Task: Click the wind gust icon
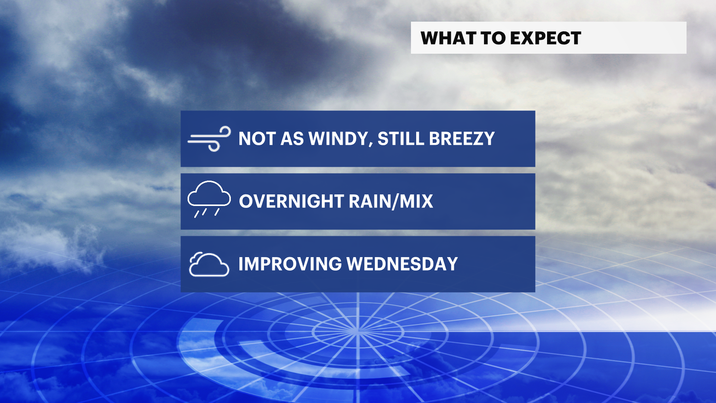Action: click(x=209, y=139)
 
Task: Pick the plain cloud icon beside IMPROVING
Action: click(x=209, y=264)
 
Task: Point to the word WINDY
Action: click(x=338, y=139)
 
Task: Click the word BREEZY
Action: click(x=462, y=139)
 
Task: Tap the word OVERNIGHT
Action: click(x=291, y=201)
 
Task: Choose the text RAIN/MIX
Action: click(x=391, y=201)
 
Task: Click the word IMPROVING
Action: click(x=290, y=264)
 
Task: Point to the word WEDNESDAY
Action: click(x=402, y=264)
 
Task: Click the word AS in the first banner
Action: click(x=292, y=139)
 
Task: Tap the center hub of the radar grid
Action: click(x=357, y=331)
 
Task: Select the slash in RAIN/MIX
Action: click(x=395, y=202)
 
